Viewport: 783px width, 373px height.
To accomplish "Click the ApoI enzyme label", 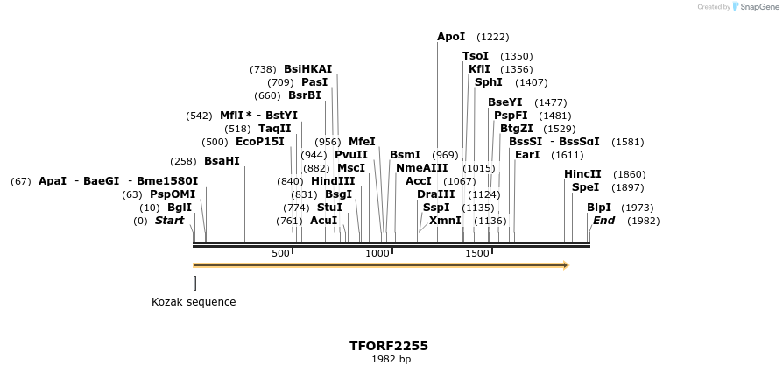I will [x=451, y=37].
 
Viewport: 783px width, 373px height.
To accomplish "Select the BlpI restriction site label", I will [x=599, y=208].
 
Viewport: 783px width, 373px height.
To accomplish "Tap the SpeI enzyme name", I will [x=585, y=187].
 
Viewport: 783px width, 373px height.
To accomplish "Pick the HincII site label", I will [x=582, y=174].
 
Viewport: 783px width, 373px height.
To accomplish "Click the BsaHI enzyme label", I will [x=222, y=161].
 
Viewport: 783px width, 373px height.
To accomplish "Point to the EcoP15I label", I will [x=260, y=142].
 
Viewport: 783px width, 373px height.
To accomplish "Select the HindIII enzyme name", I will [x=333, y=181].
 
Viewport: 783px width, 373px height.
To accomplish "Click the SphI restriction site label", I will [x=489, y=82].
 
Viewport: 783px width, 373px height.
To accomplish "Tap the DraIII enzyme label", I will [x=435, y=194].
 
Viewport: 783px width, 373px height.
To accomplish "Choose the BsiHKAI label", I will [x=308, y=69].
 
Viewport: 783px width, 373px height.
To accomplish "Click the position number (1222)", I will [x=492, y=37].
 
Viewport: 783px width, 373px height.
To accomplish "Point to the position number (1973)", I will [x=637, y=208].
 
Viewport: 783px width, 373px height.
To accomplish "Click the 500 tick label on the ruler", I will [x=280, y=253].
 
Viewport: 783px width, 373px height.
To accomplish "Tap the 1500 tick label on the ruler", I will [x=477, y=253].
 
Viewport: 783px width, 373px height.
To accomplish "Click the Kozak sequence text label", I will [x=194, y=302].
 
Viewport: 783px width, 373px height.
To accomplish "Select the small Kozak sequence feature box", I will [x=194, y=283].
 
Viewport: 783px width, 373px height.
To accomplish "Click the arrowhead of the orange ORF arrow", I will [x=565, y=265].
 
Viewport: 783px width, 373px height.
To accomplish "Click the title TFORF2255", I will [x=389, y=347].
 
